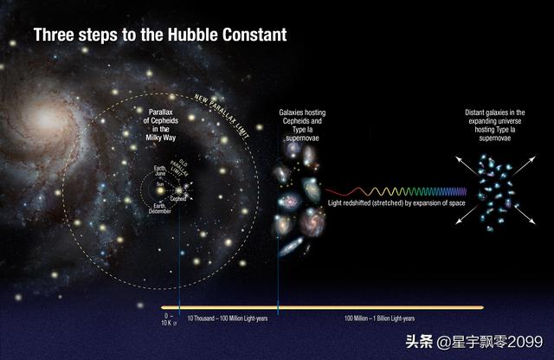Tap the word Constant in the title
256,35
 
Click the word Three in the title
53,35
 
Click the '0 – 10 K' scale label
169,320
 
